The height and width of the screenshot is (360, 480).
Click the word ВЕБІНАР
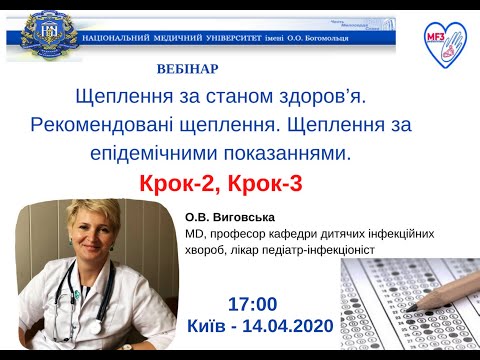click(188, 69)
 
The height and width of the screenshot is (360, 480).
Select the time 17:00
click(253, 304)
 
